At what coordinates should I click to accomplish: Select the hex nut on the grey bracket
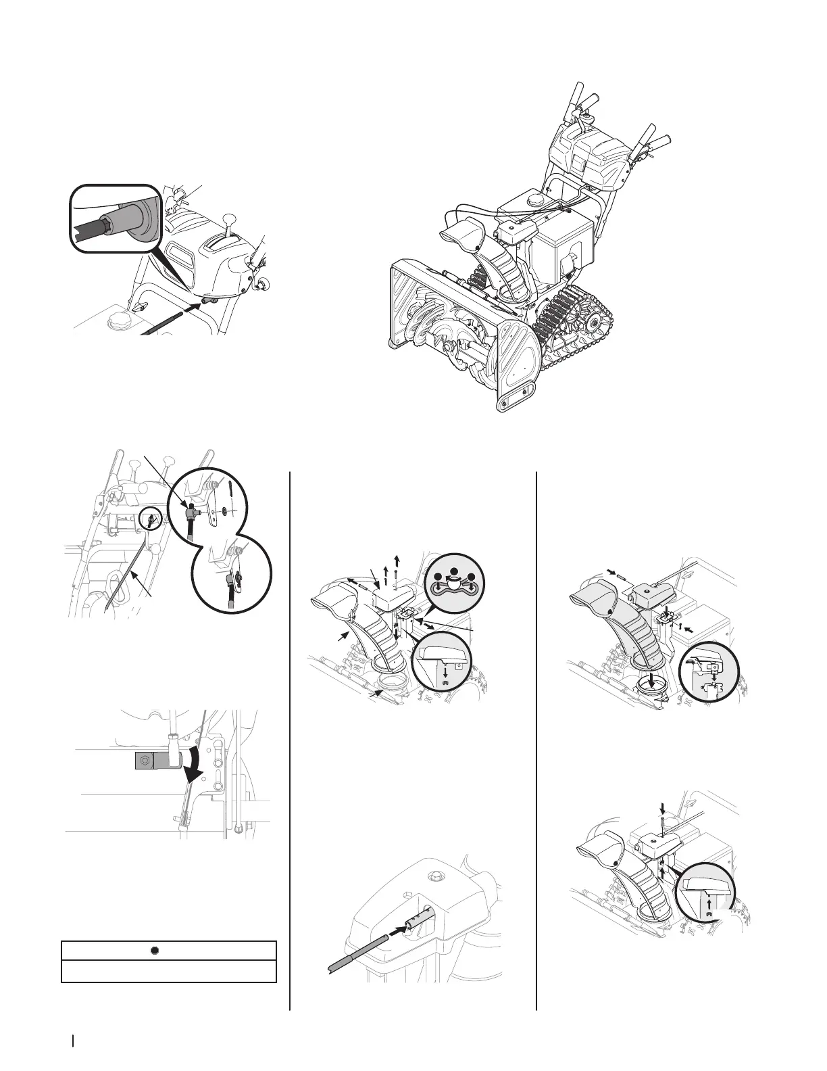tap(143, 761)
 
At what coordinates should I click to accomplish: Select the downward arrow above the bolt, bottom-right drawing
tap(663, 807)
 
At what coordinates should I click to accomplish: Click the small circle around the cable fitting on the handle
tap(151, 520)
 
